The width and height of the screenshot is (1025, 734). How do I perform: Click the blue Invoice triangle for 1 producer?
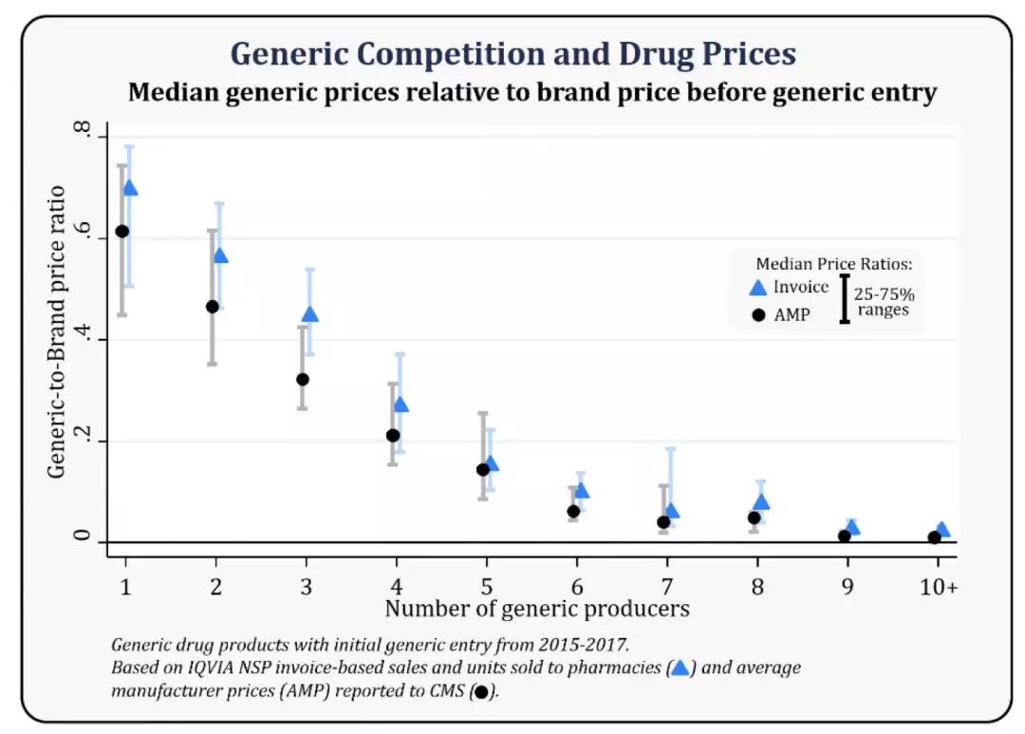[x=130, y=188]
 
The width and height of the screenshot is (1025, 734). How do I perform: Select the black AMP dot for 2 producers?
[x=213, y=307]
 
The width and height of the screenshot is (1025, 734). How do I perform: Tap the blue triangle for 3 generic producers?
[x=309, y=315]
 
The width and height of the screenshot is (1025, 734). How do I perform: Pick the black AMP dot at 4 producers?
[x=393, y=435]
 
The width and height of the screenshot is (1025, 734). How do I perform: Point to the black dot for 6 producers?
[x=573, y=512]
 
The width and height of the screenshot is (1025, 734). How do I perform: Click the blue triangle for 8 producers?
[x=761, y=502]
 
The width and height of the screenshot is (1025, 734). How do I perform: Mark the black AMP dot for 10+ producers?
[x=934, y=537]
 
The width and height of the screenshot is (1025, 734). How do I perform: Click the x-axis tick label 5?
[x=486, y=587]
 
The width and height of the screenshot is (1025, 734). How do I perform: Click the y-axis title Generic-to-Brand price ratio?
[x=58, y=332]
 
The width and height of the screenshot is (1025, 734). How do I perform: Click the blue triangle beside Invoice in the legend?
[x=757, y=288]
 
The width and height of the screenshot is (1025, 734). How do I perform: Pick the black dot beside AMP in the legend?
[x=757, y=314]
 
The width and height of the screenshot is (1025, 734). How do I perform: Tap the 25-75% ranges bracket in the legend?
[x=844, y=298]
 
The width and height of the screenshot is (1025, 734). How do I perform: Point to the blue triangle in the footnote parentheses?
[x=679, y=668]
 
